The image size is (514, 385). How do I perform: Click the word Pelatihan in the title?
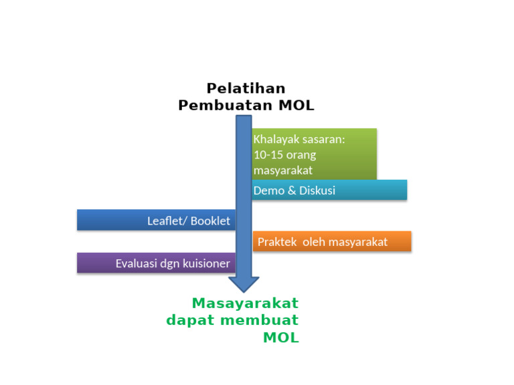[x=246, y=88]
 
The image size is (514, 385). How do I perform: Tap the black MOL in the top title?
[x=295, y=106]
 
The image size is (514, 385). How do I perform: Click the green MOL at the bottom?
[x=281, y=338]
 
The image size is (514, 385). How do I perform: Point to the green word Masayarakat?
[x=245, y=303]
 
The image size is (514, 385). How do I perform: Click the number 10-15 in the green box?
[x=267, y=154]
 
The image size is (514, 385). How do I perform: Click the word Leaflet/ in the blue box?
[x=167, y=221]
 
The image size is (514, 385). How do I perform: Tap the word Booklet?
[x=211, y=221]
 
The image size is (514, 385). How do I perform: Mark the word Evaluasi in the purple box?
[x=136, y=263]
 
